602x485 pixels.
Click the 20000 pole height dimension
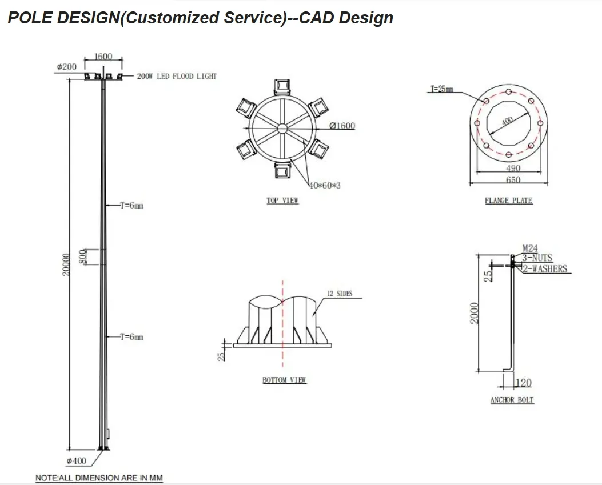(x=66, y=264)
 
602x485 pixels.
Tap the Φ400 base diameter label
(x=77, y=461)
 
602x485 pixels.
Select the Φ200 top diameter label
(x=67, y=67)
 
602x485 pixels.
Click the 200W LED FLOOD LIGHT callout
(x=177, y=77)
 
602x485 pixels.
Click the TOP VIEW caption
(x=282, y=201)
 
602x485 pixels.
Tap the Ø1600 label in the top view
(x=342, y=126)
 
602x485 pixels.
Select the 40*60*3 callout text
(x=325, y=185)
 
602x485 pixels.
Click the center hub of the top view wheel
(x=282, y=129)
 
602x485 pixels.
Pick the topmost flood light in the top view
(x=282, y=87)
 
